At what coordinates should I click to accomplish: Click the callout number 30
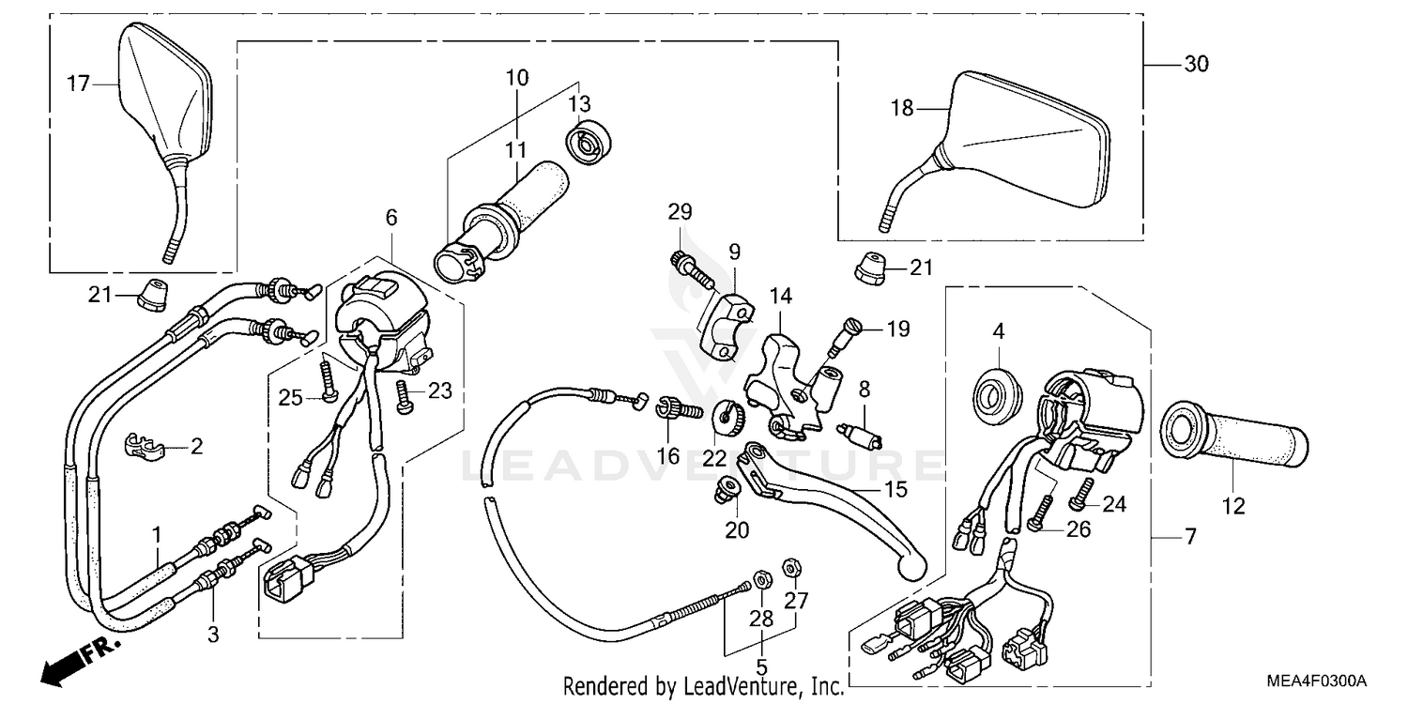[1196, 65]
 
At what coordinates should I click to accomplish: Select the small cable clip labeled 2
[143, 445]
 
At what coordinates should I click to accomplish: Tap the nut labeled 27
[791, 567]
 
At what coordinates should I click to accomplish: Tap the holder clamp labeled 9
[727, 325]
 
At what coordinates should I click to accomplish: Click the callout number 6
[390, 218]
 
